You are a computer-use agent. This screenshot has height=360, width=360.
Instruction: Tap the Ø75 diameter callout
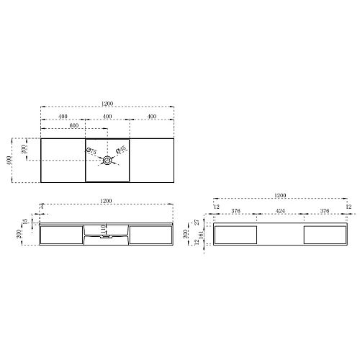click(92, 151)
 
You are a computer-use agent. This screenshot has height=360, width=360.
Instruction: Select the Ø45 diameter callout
click(122, 150)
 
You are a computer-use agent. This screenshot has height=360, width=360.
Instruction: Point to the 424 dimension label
click(280, 212)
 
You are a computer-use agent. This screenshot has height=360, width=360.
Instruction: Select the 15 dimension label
click(25, 222)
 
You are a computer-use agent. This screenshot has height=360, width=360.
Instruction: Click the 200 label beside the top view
click(24, 149)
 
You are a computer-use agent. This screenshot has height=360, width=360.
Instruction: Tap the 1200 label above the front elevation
click(107, 200)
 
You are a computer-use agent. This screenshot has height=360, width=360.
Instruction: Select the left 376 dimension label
click(235, 212)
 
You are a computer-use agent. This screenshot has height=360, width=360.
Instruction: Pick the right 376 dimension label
click(325, 212)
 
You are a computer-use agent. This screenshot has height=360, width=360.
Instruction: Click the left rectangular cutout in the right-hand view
click(236, 235)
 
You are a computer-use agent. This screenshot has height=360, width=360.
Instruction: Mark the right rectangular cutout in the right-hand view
click(325, 235)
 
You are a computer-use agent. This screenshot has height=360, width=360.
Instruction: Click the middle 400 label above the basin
click(107, 117)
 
